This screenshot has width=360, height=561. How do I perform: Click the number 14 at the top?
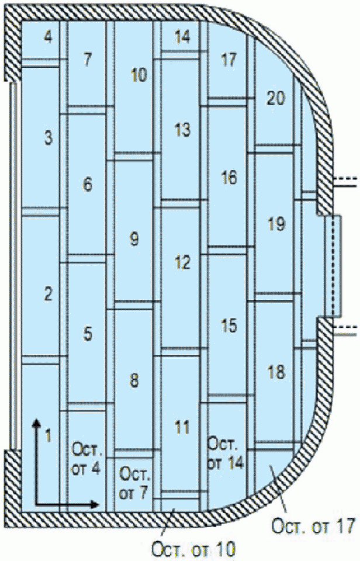[x=183, y=37]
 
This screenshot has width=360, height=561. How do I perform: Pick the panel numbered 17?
[x=229, y=59]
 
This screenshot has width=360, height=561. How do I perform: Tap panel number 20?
[x=275, y=98]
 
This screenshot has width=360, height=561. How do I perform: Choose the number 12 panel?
[x=183, y=262]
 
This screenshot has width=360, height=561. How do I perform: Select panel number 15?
[x=229, y=325]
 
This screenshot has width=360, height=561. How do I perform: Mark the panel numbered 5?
[x=88, y=334]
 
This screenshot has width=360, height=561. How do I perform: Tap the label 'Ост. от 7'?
[x=134, y=482]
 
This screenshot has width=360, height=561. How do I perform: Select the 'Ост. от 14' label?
[x=226, y=452]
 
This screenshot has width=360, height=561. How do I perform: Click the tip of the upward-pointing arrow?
[x=36, y=418]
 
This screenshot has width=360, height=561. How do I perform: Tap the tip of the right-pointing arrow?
[x=99, y=503]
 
